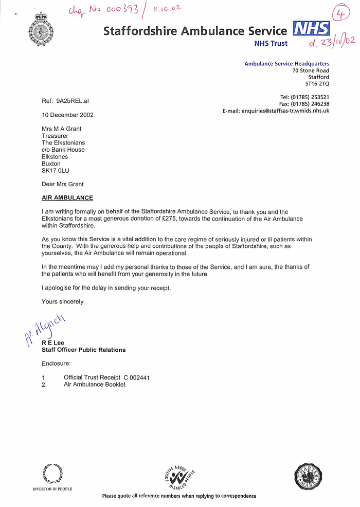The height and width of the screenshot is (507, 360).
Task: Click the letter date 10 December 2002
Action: pyautogui.click(x=67, y=115)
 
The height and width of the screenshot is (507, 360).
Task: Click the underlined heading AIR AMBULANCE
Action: pyautogui.click(x=67, y=198)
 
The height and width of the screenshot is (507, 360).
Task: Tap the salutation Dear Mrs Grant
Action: pyautogui.click(x=62, y=184)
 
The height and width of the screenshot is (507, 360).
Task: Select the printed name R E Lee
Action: pyautogui.click(x=53, y=343)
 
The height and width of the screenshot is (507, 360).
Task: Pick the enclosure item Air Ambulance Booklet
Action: pyautogui.click(x=95, y=385)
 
